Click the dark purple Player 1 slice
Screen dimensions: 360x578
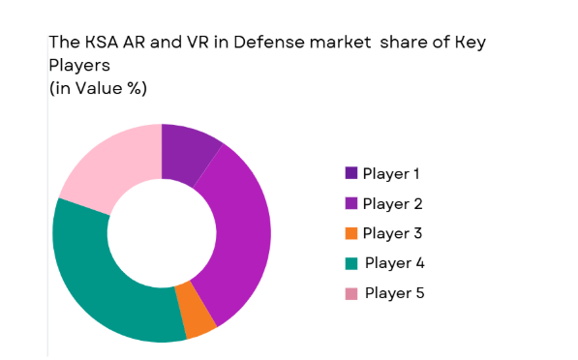click(x=186, y=152)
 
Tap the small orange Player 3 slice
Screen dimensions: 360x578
click(x=198, y=319)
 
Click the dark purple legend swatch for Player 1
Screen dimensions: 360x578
click(x=350, y=173)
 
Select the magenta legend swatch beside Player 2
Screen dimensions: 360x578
click(x=350, y=203)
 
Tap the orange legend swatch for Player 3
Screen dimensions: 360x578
click(x=350, y=233)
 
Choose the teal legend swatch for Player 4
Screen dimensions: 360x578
click(x=350, y=262)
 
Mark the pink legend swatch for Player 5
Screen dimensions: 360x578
click(x=350, y=292)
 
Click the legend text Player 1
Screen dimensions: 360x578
click(x=392, y=174)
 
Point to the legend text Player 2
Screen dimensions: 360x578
click(x=392, y=203)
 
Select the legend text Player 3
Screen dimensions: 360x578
click(x=392, y=233)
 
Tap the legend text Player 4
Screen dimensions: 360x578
click(x=394, y=262)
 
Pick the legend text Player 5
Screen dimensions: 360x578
click(x=394, y=292)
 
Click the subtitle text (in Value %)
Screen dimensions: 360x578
click(x=98, y=88)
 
